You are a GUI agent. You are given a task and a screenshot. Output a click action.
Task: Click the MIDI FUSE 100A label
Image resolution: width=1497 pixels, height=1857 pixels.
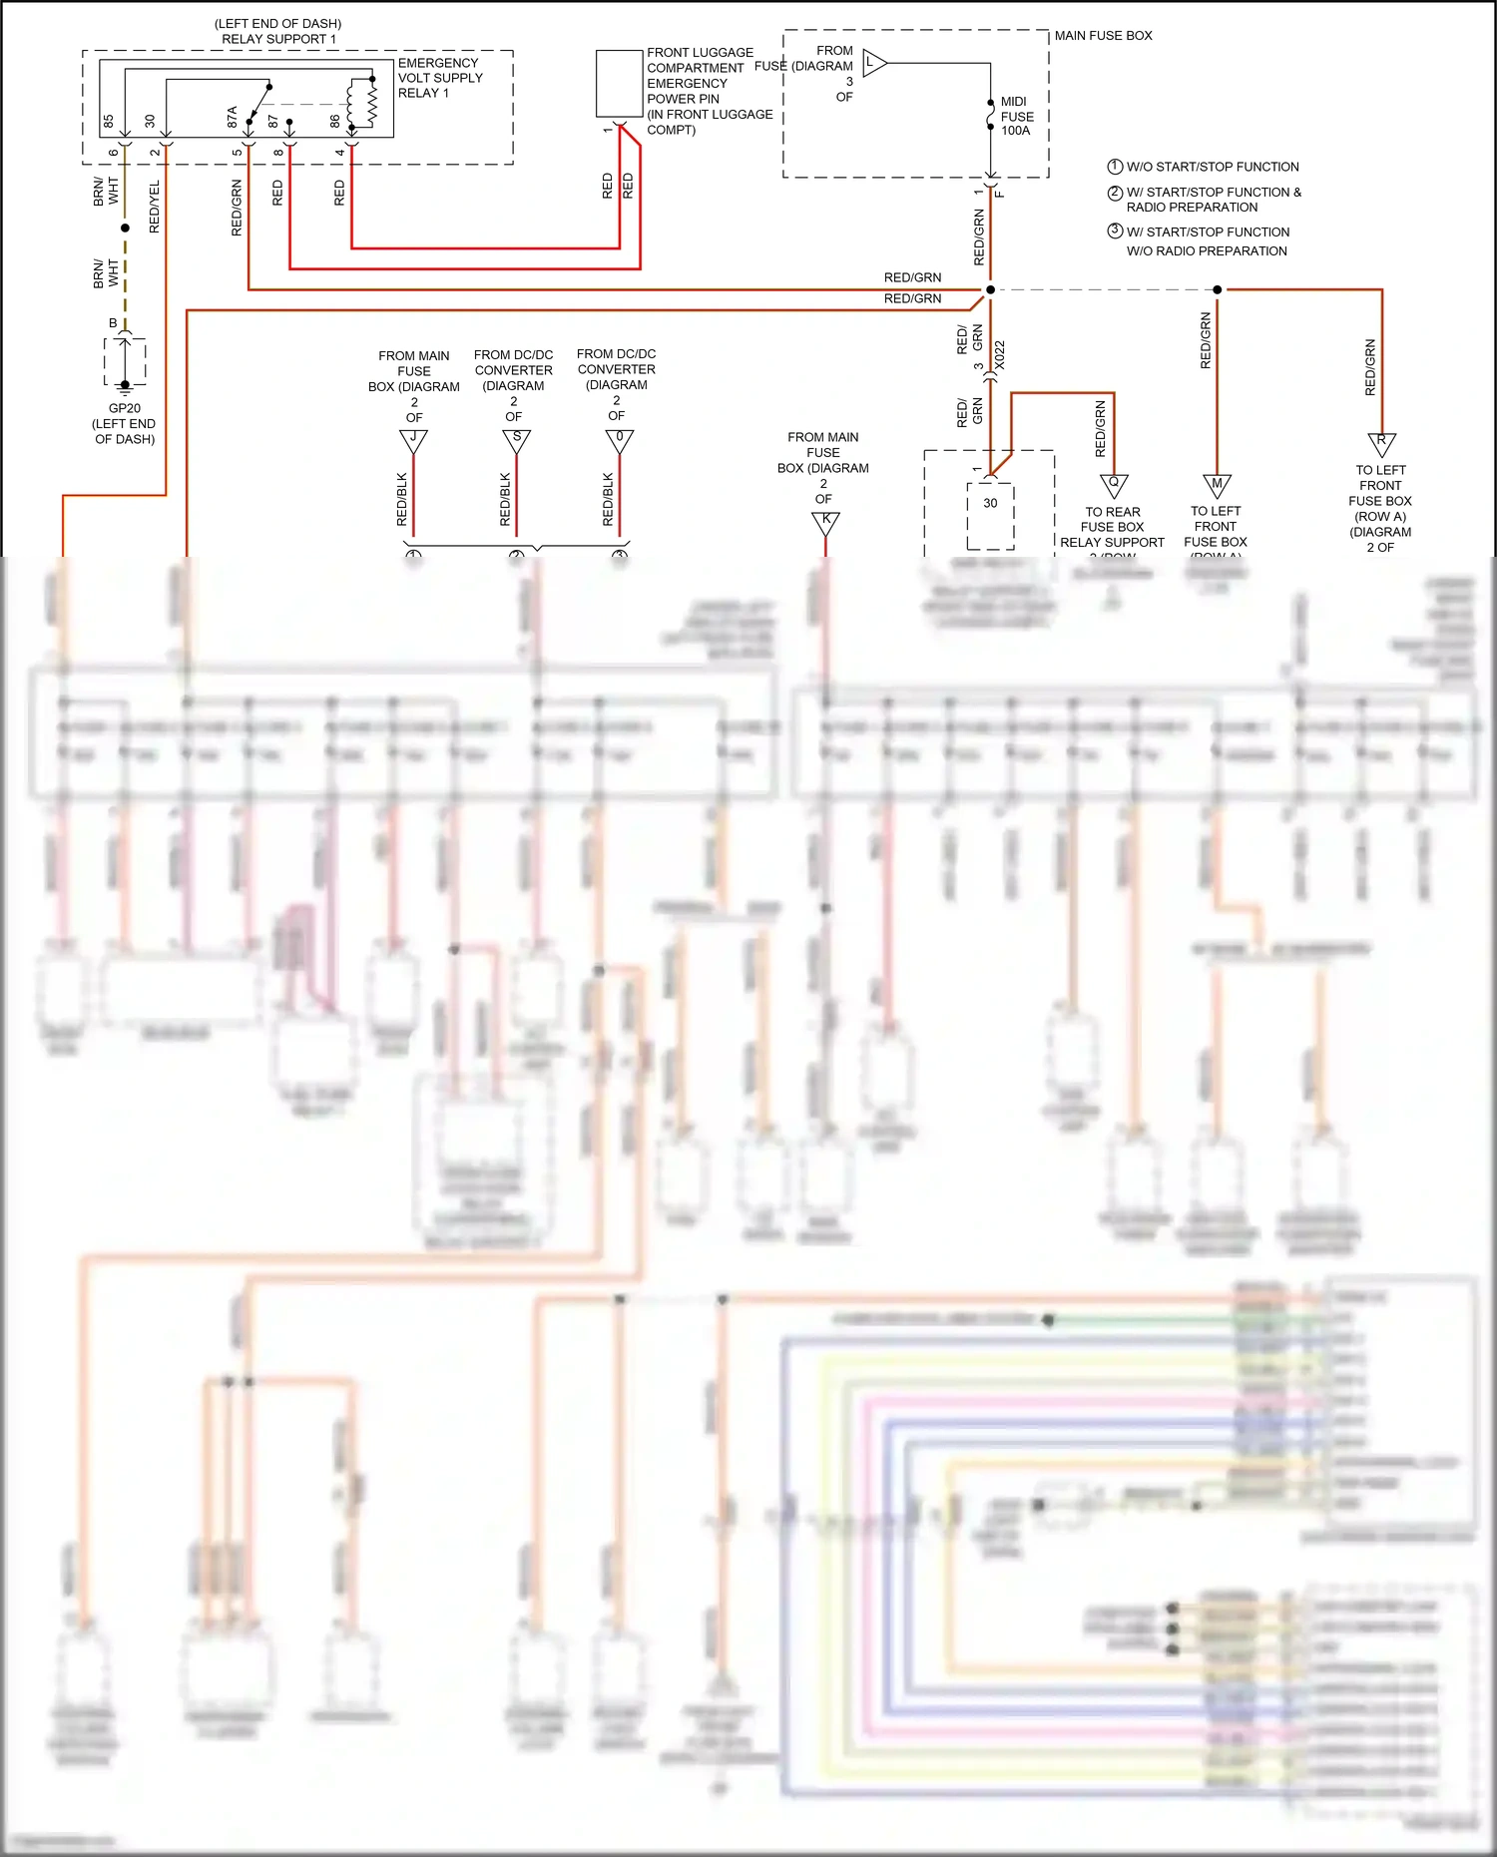(1016, 116)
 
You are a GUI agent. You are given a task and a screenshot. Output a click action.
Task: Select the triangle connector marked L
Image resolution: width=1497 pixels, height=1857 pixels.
(873, 63)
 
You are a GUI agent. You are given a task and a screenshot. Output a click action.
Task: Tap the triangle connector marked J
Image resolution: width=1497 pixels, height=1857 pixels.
(413, 439)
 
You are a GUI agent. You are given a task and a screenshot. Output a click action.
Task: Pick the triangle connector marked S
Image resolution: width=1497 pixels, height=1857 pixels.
(516, 439)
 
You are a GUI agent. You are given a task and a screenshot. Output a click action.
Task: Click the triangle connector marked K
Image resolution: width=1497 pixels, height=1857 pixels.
(825, 521)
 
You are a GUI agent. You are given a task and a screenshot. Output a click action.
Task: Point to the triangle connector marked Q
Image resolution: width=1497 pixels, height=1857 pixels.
(1114, 484)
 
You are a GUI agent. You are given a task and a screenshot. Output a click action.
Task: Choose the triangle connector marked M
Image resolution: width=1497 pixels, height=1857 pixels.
(1217, 485)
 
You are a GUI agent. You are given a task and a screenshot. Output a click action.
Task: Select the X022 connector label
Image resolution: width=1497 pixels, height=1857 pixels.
(1000, 355)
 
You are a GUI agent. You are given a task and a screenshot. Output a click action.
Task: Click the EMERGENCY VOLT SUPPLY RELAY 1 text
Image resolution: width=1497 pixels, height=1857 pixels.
(440, 78)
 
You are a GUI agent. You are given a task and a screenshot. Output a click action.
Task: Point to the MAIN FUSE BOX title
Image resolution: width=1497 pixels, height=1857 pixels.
(1103, 36)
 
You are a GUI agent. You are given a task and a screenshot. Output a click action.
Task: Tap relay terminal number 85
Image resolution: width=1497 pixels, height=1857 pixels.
(109, 121)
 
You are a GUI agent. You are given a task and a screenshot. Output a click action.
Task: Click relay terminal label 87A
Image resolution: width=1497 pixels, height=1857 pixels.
(233, 117)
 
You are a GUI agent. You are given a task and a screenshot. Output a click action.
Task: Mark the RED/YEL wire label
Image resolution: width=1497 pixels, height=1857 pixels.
(155, 208)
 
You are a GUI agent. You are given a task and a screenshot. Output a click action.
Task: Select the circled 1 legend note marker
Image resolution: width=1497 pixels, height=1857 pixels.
(1115, 167)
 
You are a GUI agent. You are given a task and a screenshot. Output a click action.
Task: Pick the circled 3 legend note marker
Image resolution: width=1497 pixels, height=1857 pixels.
(1115, 232)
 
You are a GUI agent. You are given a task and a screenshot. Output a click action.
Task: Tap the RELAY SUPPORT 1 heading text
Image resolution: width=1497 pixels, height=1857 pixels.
(278, 39)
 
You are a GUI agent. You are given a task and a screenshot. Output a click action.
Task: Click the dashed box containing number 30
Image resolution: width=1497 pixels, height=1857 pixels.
(990, 515)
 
